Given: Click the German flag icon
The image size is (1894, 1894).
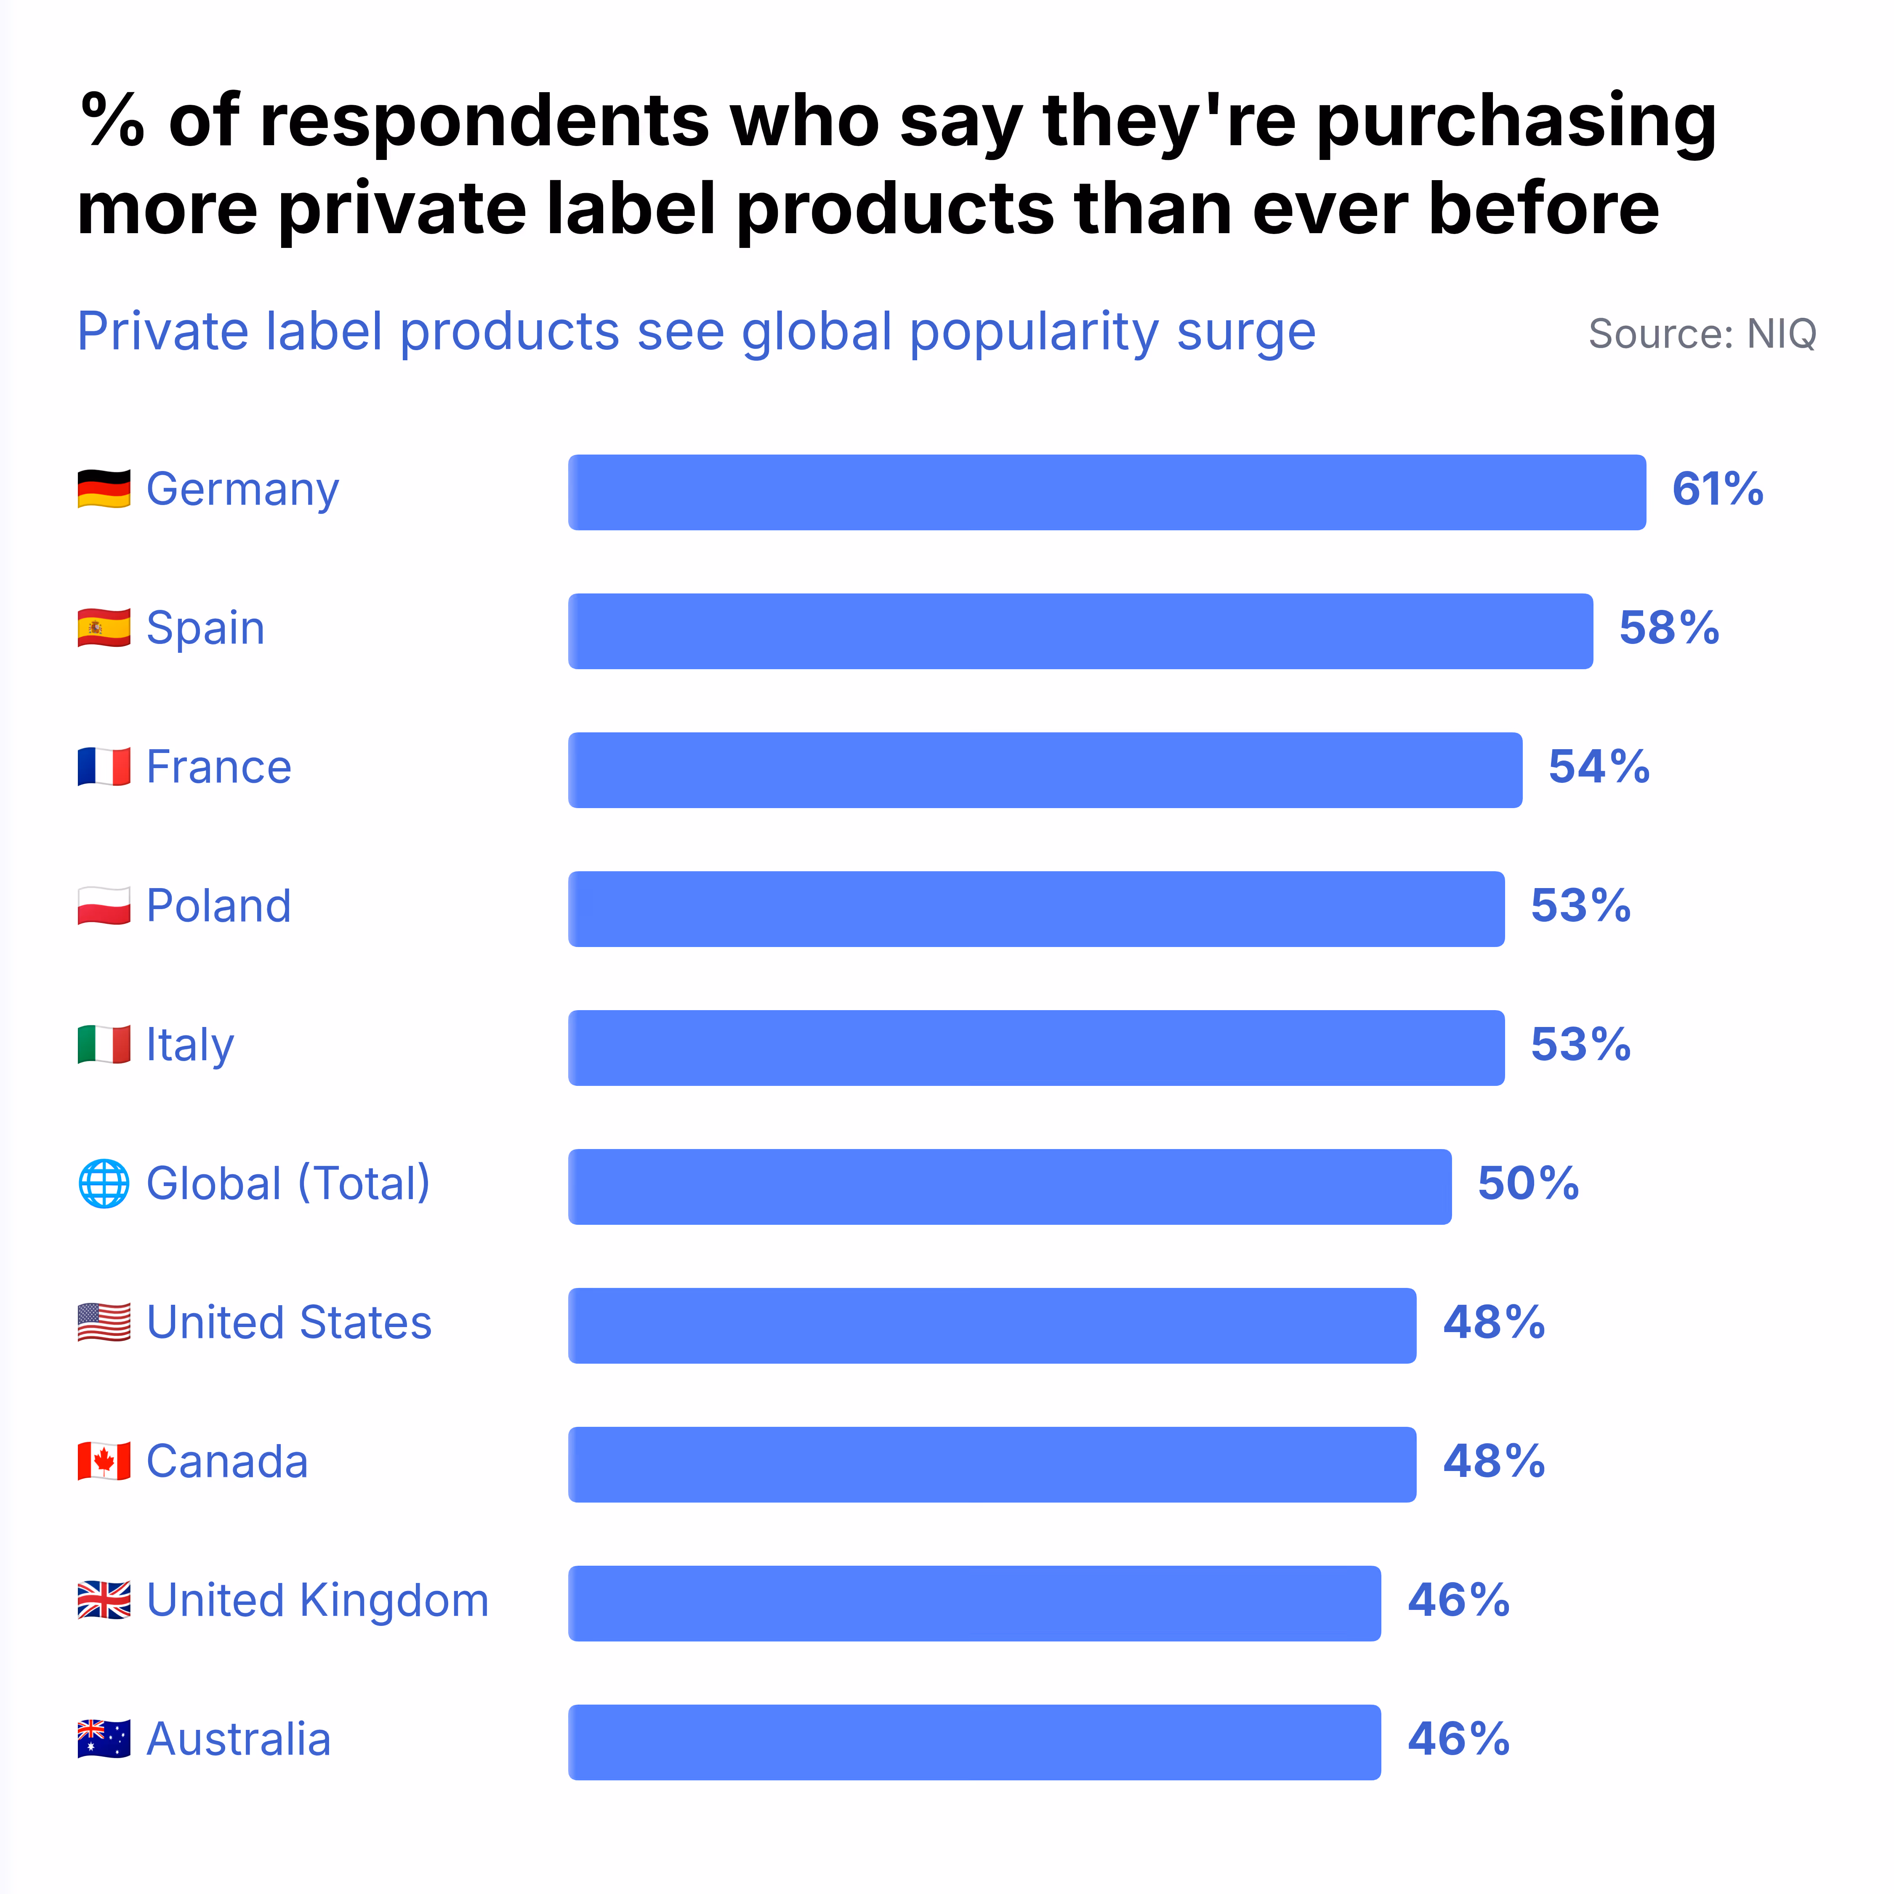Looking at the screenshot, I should (x=104, y=489).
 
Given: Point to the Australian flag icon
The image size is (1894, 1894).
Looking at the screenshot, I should (x=104, y=1739).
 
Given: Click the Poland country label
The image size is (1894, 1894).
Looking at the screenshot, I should (x=218, y=906).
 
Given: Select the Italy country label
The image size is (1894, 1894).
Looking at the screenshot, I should (x=190, y=1045).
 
